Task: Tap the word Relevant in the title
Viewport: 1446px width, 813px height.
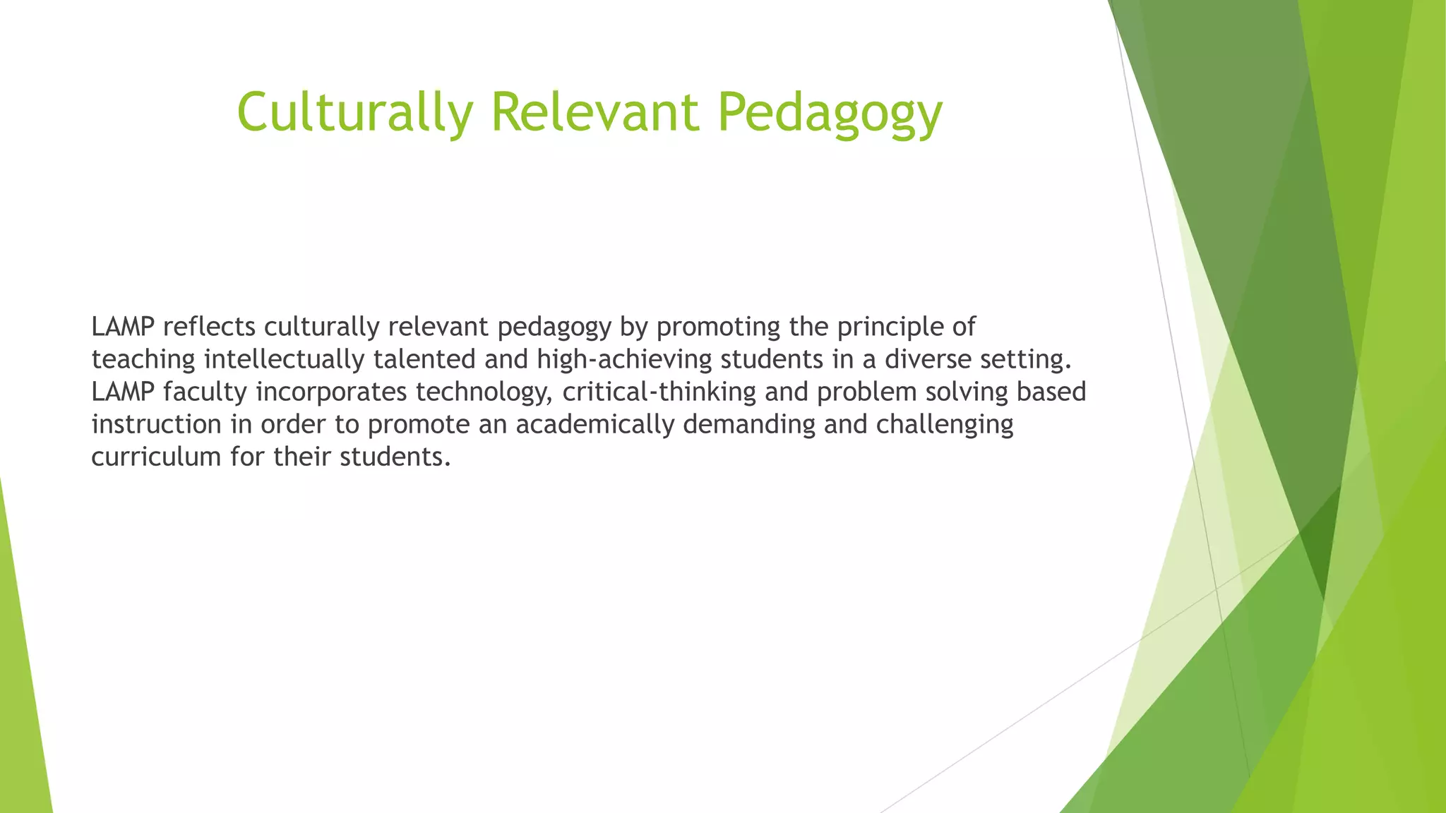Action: pos(595,112)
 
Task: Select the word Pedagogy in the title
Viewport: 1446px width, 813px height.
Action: pos(830,113)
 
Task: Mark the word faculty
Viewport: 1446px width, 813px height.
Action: pos(205,392)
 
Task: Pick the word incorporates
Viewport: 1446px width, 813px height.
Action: pos(331,392)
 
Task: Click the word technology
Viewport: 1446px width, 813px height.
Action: pos(484,393)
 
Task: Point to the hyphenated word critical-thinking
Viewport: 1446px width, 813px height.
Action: pos(659,392)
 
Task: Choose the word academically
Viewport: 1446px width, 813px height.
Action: pos(594,426)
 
